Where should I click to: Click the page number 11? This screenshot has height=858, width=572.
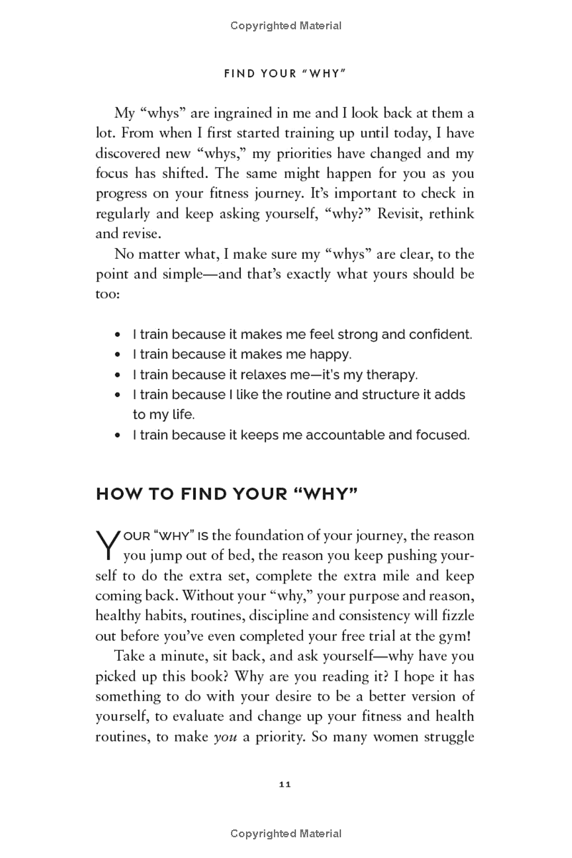coord(285,784)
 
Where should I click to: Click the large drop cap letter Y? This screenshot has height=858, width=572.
coord(106,544)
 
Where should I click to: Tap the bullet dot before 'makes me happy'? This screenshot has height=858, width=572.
coord(118,354)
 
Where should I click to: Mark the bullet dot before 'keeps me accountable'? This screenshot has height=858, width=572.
coord(118,435)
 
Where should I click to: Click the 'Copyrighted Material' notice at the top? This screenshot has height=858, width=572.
coord(286,26)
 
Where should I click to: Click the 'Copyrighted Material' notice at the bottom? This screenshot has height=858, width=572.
coord(286,833)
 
